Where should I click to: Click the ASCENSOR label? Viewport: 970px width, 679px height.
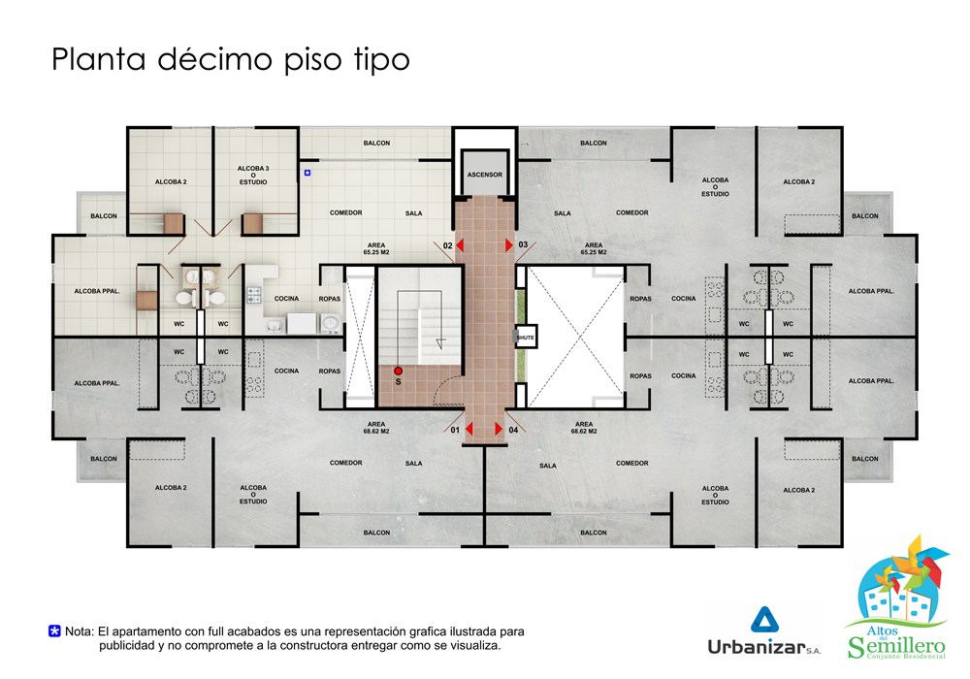[x=484, y=175]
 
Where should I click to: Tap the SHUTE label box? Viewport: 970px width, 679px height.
[x=525, y=337]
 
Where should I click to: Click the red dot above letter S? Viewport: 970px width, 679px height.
[x=399, y=372]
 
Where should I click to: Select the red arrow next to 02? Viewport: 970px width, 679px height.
[x=460, y=245]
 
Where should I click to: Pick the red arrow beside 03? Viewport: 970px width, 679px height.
[x=509, y=245]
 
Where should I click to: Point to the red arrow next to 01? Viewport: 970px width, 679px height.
[x=469, y=429]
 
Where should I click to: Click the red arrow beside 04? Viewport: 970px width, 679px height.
[x=499, y=429]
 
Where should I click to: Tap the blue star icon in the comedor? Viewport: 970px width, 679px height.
[x=307, y=174]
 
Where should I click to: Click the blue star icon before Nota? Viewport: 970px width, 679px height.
[x=54, y=631]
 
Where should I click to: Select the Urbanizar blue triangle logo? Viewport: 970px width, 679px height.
[x=764, y=620]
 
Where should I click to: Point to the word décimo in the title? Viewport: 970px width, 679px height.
[x=214, y=59]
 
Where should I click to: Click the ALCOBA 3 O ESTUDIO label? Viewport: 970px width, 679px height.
[x=253, y=175]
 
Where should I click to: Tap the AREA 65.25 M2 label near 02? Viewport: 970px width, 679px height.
[x=376, y=248]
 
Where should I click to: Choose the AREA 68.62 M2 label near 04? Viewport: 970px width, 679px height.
[x=584, y=428]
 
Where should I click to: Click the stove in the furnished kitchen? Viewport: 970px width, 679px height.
[x=254, y=294]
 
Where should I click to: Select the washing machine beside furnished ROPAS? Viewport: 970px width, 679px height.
[x=331, y=322]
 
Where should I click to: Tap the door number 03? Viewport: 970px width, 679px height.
[x=523, y=244]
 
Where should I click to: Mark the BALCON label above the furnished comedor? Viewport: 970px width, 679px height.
[x=376, y=143]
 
